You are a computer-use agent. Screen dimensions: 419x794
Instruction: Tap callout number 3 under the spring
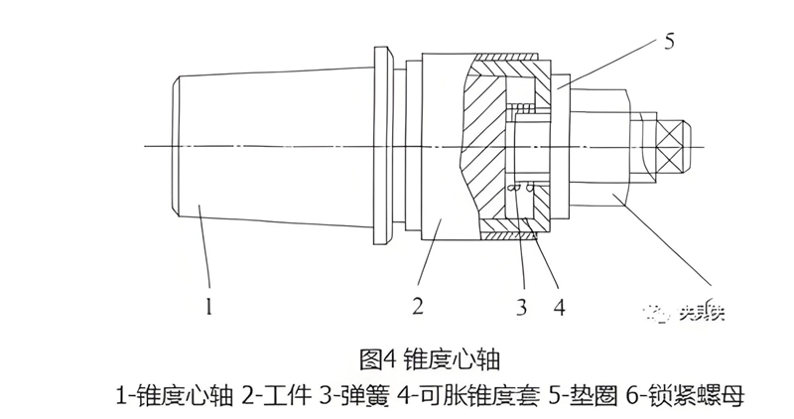tap(521, 307)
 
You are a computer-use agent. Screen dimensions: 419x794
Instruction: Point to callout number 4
tap(560, 307)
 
